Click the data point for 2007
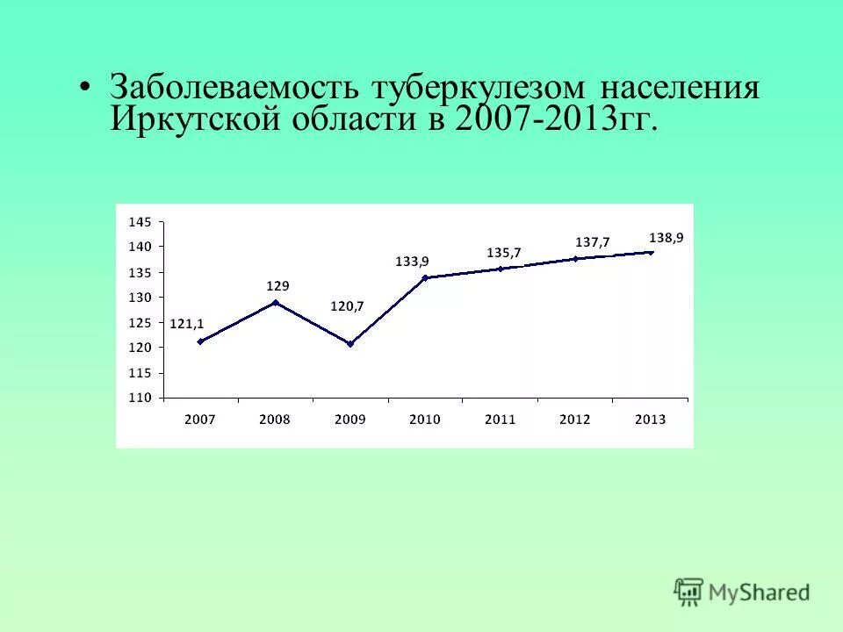click(x=200, y=341)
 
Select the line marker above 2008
click(x=276, y=303)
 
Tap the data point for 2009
click(x=350, y=344)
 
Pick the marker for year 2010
click(x=425, y=277)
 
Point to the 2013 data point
click(x=651, y=252)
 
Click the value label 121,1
click(x=186, y=324)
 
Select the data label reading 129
click(x=278, y=286)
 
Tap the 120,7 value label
click(x=347, y=306)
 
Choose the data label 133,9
click(x=412, y=261)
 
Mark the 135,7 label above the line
click(x=504, y=253)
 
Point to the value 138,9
click(x=666, y=237)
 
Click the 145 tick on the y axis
click(x=140, y=222)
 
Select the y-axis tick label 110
click(x=140, y=398)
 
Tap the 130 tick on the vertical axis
click(x=140, y=298)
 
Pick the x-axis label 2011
click(x=500, y=420)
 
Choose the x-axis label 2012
click(x=575, y=420)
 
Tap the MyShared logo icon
click(x=689, y=592)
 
